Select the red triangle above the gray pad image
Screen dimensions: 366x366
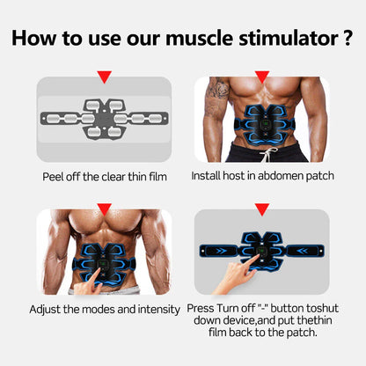[x=104, y=77]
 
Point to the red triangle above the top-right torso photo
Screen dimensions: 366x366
[x=261, y=77]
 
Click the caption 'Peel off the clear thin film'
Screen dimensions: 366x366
[x=104, y=176]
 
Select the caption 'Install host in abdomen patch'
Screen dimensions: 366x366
[x=262, y=176]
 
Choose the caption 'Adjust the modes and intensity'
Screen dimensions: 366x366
[x=104, y=310]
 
